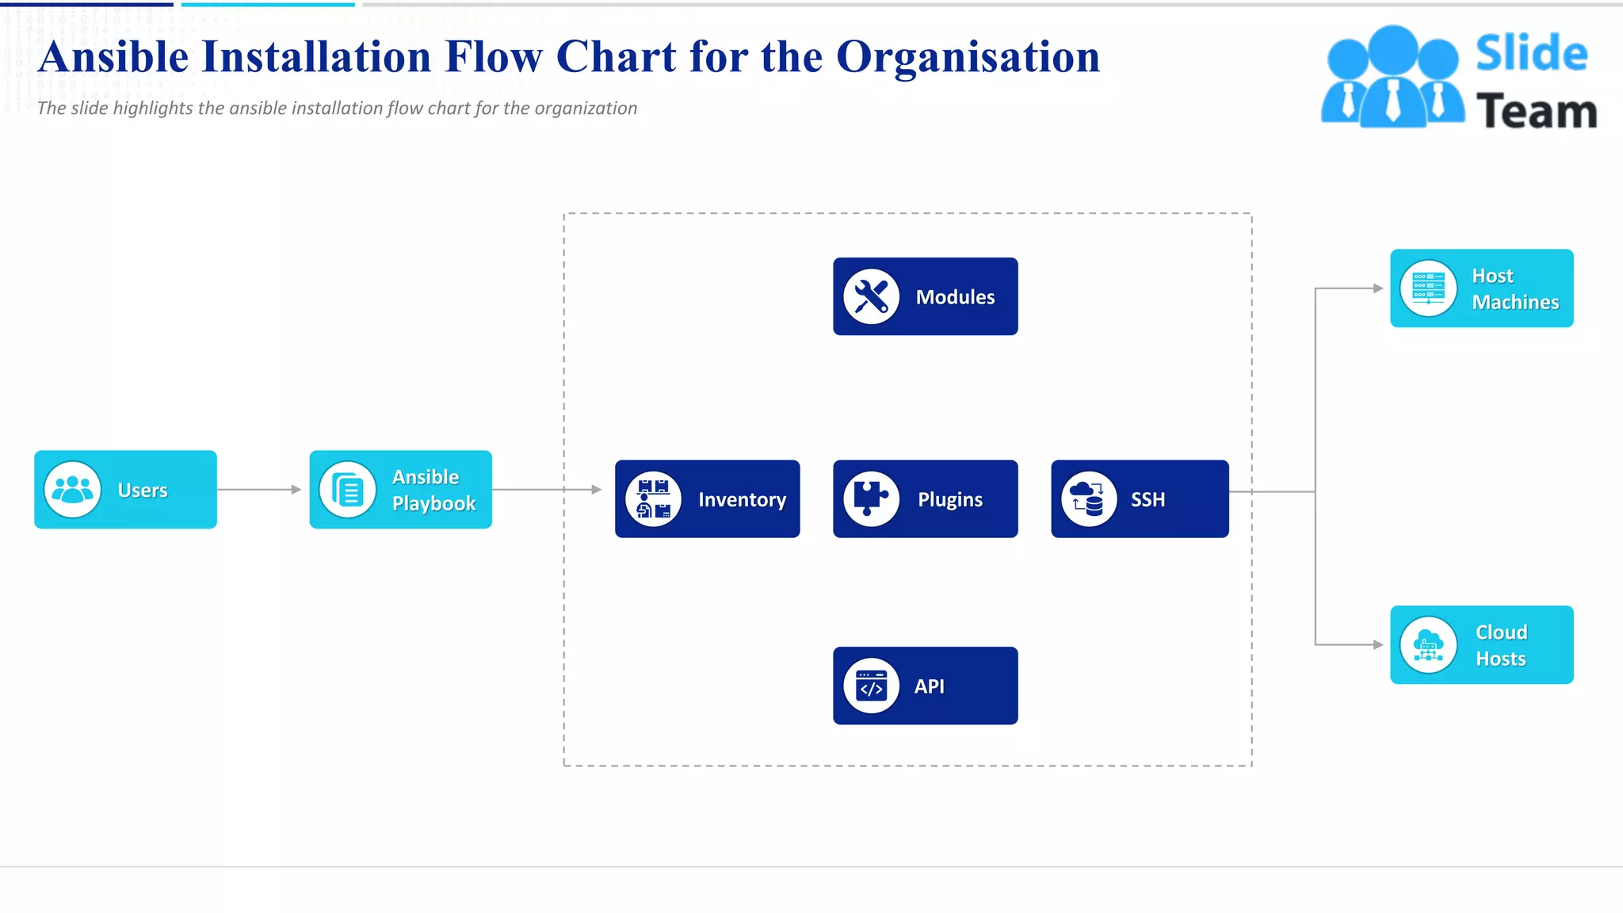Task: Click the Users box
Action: click(x=125, y=490)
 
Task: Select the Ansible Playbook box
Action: click(x=400, y=490)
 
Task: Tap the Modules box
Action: click(x=925, y=296)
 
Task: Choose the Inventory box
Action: click(x=707, y=499)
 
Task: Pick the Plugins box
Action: click(x=925, y=499)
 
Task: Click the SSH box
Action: click(x=1140, y=499)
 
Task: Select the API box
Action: click(x=925, y=686)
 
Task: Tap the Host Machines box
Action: click(x=1481, y=288)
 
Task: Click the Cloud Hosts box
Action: click(x=1481, y=645)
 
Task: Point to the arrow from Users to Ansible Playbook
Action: click(x=259, y=490)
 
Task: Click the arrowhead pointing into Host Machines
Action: click(x=1378, y=288)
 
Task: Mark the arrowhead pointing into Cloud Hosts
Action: click(x=1378, y=645)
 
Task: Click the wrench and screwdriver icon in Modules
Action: click(x=871, y=296)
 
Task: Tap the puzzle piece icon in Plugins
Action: click(x=871, y=499)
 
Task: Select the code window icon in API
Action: click(x=871, y=686)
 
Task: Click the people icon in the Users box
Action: click(x=72, y=490)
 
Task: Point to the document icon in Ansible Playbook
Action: click(x=347, y=490)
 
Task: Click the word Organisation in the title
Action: click(x=968, y=57)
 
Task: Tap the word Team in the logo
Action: click(x=1536, y=111)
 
